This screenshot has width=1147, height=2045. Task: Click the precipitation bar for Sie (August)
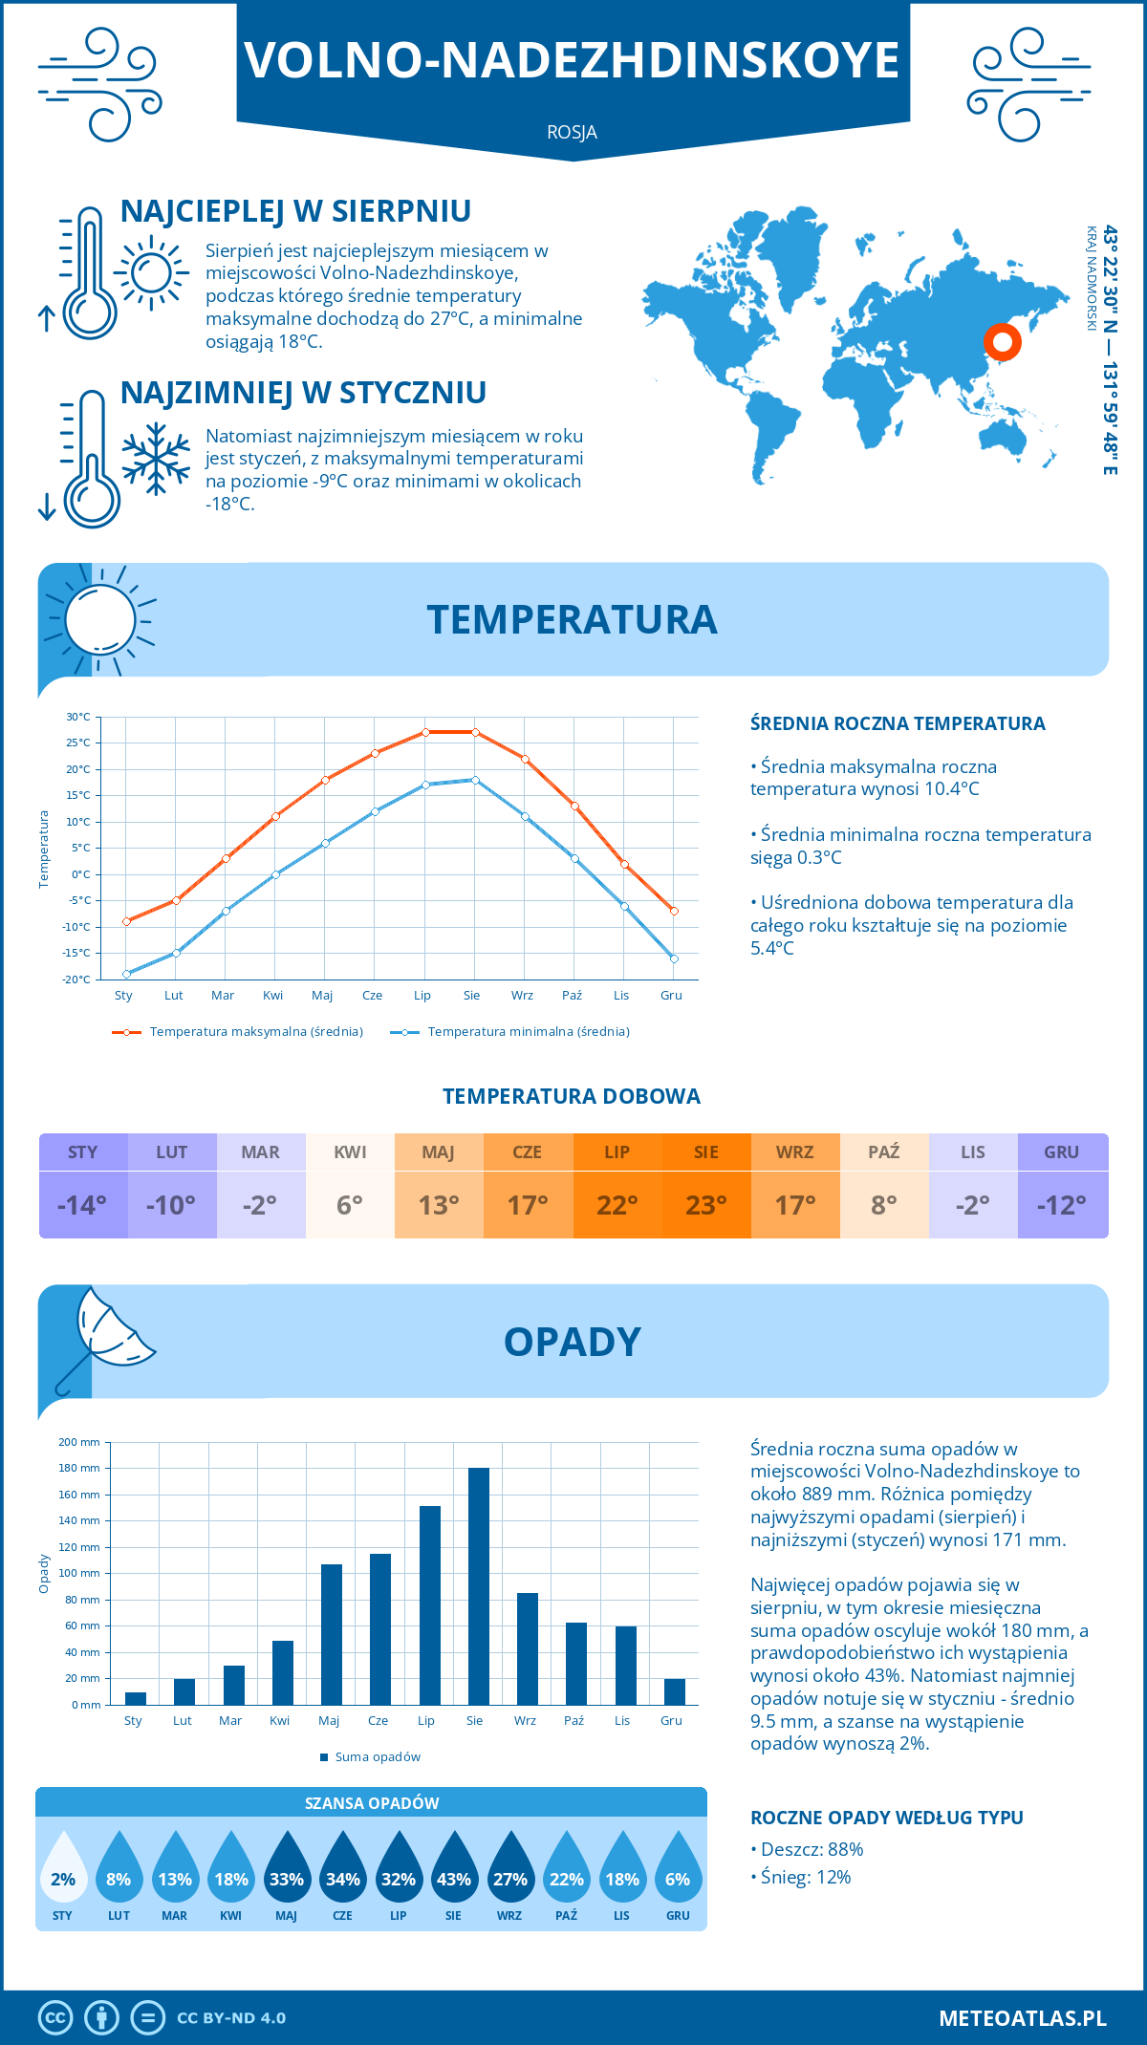click(x=478, y=1586)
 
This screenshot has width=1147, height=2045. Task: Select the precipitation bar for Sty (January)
click(x=136, y=1698)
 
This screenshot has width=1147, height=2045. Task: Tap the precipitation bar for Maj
click(x=332, y=1634)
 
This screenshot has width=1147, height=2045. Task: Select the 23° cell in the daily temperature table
click(x=706, y=1205)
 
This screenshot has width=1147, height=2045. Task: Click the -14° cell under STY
click(x=83, y=1205)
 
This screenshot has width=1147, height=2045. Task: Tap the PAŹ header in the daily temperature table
click(x=884, y=1152)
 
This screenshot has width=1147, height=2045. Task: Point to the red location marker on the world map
click(x=1002, y=341)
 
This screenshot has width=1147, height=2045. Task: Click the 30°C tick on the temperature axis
click(x=78, y=717)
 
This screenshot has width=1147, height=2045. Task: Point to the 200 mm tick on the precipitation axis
click(x=79, y=1442)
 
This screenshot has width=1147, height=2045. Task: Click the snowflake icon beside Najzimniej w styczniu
click(x=156, y=459)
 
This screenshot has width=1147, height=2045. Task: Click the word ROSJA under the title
click(x=572, y=133)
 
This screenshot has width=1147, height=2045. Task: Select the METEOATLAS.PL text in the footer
click(x=1023, y=2018)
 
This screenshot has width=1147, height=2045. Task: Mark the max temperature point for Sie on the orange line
click(x=475, y=732)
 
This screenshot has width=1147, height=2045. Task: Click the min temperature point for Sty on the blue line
click(x=126, y=974)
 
